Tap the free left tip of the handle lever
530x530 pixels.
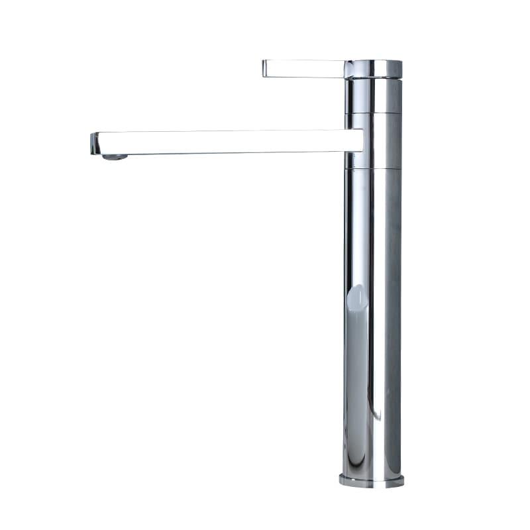click(265, 68)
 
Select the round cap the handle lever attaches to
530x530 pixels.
click(373, 69)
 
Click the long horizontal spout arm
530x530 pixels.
click(225, 142)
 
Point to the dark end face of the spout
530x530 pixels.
click(94, 143)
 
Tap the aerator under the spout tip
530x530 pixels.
click(115, 156)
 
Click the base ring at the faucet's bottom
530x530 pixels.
click(371, 480)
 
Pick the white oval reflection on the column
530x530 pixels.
click(356, 297)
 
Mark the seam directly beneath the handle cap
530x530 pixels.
click(373, 79)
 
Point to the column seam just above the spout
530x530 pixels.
click(373, 113)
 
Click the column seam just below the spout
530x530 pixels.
click(373, 168)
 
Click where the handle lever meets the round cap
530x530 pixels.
click(345, 68)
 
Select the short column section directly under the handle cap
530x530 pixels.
click(373, 96)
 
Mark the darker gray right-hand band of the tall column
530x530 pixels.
click(392, 318)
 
